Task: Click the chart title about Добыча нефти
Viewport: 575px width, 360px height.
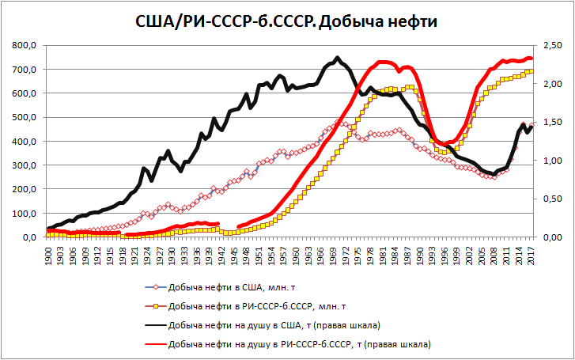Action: [x=287, y=21]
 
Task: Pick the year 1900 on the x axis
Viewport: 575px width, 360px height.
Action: [x=50, y=254]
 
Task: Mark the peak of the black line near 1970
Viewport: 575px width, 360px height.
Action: [x=338, y=58]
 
